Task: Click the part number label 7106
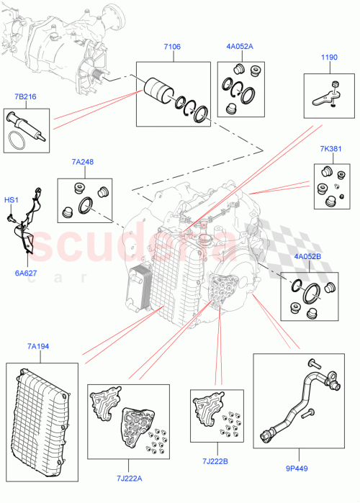tap(171, 47)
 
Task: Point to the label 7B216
tap(25, 96)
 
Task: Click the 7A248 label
tap(83, 163)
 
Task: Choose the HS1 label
tap(12, 199)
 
